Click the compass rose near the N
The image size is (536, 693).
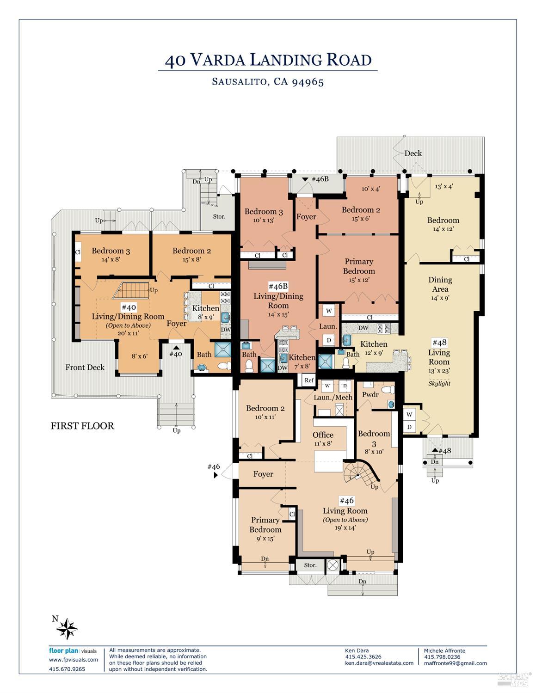point(67,629)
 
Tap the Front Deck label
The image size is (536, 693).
point(85,368)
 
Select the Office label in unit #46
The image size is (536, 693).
point(323,435)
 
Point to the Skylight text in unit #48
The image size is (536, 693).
point(439,384)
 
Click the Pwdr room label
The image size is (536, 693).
point(370,395)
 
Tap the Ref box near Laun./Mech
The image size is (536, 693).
point(308,380)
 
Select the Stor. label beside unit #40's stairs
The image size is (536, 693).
point(219,216)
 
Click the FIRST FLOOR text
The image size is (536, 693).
point(82,426)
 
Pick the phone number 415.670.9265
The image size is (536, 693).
point(67,669)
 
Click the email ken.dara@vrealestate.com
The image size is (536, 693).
point(379,663)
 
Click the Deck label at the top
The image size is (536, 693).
point(413,153)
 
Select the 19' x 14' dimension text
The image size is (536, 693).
point(345,528)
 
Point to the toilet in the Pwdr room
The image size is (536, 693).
point(388,389)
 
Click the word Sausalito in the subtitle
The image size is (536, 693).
point(239,82)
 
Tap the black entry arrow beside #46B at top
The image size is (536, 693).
point(305,179)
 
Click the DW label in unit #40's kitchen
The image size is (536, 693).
point(226,330)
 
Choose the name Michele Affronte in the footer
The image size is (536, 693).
point(444,650)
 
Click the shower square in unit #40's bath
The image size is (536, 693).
point(222,349)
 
